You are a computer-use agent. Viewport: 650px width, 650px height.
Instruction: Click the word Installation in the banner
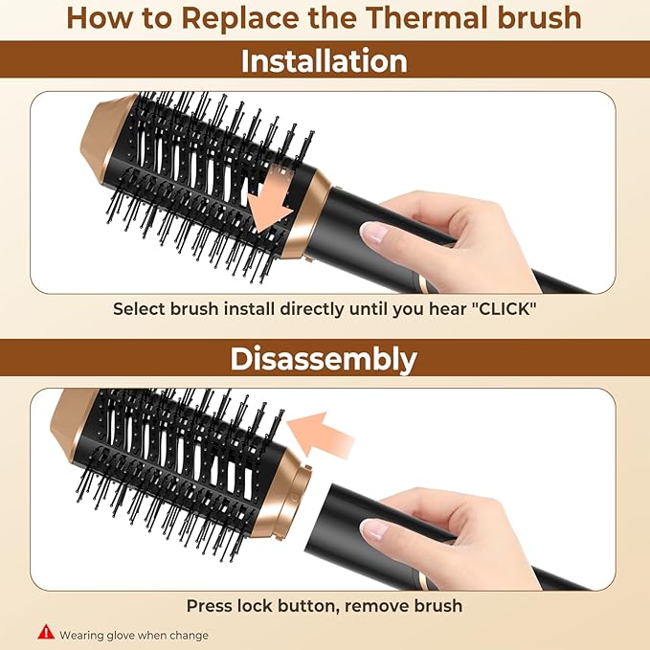[325, 61]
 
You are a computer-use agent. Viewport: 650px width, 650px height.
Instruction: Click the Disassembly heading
[325, 359]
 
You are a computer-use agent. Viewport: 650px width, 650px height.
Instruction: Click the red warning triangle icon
[44, 633]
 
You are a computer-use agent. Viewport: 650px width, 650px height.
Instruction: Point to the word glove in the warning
[127, 635]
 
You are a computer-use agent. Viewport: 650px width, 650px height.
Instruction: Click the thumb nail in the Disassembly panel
[376, 529]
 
